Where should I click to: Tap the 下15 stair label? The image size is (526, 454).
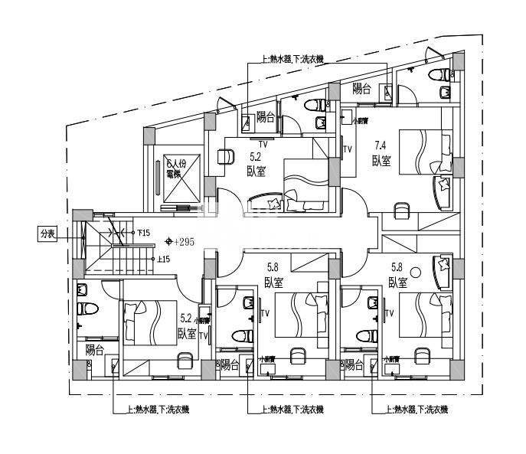(x=143, y=232)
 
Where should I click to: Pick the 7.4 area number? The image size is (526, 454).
(x=381, y=145)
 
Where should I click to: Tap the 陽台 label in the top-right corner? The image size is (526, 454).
(x=361, y=89)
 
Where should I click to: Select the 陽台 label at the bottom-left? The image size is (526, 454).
(x=95, y=351)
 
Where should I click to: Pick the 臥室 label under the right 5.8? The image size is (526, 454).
(x=397, y=282)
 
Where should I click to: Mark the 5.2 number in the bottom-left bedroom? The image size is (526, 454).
(x=185, y=317)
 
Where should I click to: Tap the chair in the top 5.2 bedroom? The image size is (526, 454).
(x=227, y=155)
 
